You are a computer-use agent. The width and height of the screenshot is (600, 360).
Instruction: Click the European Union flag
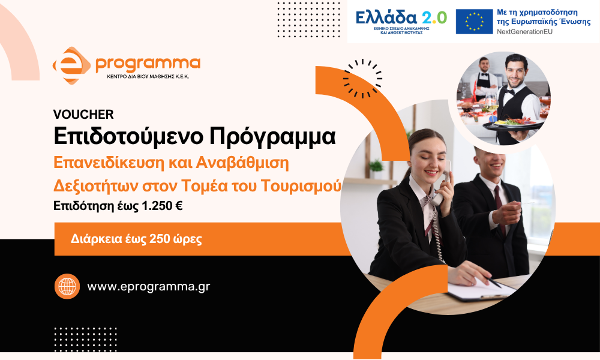[x=474, y=22]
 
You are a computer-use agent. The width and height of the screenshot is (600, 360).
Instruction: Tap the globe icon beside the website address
[x=67, y=286]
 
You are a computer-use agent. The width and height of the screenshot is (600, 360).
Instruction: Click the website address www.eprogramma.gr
[x=148, y=287]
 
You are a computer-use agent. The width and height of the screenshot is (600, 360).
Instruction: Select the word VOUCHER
[x=83, y=115]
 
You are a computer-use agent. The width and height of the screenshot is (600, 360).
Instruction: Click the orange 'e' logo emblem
[x=71, y=65]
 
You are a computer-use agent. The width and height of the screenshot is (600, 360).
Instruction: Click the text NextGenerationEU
[x=524, y=32]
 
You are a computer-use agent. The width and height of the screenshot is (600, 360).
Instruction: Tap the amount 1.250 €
[x=162, y=206]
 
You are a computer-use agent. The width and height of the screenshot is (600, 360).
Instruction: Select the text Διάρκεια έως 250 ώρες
[x=136, y=239]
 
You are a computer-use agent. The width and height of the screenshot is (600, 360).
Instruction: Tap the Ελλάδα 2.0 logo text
[x=401, y=17]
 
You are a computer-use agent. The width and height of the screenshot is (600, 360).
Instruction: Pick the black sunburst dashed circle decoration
[x=362, y=79]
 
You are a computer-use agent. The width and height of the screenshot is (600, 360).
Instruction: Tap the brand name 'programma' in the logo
[x=148, y=64]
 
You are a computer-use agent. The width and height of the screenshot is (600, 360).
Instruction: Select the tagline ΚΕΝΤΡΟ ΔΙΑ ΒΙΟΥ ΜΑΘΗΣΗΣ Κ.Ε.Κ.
[x=148, y=77]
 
